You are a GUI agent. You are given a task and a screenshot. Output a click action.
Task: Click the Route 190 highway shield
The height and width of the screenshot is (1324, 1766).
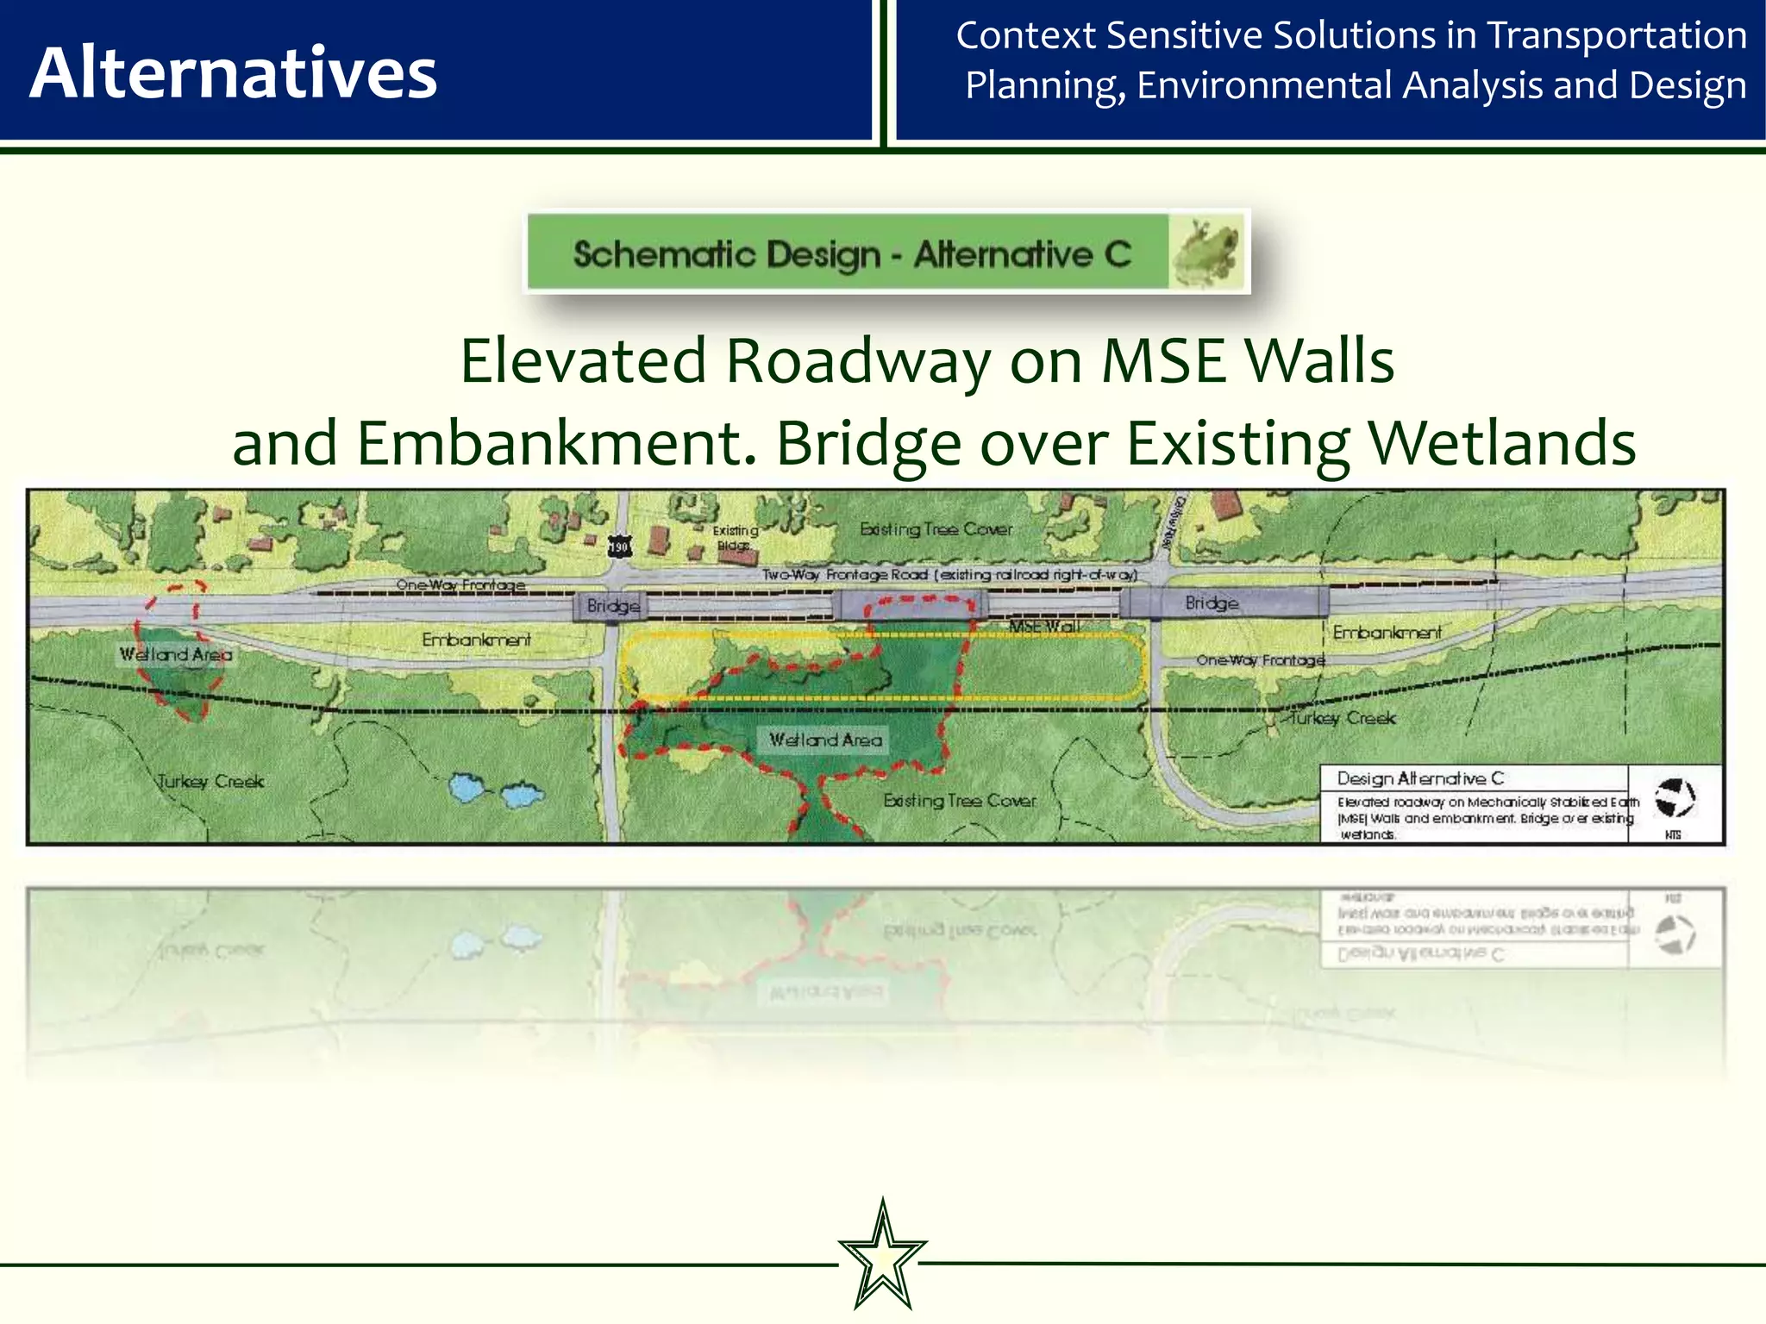619,546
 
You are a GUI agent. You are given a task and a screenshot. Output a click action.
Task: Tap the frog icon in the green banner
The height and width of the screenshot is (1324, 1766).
1207,253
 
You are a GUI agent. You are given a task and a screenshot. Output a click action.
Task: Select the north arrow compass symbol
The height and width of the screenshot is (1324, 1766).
1675,797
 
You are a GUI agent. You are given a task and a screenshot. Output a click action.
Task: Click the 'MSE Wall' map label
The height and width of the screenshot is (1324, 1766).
1044,627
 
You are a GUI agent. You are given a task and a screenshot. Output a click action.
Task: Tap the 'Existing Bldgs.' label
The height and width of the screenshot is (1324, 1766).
735,538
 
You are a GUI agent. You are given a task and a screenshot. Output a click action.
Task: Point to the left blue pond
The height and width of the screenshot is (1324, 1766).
467,787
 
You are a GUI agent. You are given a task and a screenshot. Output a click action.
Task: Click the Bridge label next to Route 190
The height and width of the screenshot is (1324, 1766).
613,606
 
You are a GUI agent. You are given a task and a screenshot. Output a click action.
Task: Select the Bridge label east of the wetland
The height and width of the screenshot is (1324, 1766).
1212,603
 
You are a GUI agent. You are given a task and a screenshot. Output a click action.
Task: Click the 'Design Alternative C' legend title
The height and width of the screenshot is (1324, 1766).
1419,778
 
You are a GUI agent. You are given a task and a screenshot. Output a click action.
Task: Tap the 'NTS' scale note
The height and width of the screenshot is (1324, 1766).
1673,834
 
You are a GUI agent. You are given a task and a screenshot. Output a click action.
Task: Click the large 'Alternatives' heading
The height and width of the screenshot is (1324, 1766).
234,73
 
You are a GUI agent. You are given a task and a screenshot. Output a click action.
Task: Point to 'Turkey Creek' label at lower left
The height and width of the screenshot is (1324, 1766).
210,782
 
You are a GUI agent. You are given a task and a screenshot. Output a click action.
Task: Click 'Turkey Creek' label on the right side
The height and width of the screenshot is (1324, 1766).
1342,718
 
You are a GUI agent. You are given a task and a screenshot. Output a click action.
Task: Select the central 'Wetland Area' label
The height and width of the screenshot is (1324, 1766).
825,740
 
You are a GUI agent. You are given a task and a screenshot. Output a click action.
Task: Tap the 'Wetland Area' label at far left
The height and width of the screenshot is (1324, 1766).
176,654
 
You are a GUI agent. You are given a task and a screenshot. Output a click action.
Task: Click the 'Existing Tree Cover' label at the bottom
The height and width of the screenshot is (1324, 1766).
959,801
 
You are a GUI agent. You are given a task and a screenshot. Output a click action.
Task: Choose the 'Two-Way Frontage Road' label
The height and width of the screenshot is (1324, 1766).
949,574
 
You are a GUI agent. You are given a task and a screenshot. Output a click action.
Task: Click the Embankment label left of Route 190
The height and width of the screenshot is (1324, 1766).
476,640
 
